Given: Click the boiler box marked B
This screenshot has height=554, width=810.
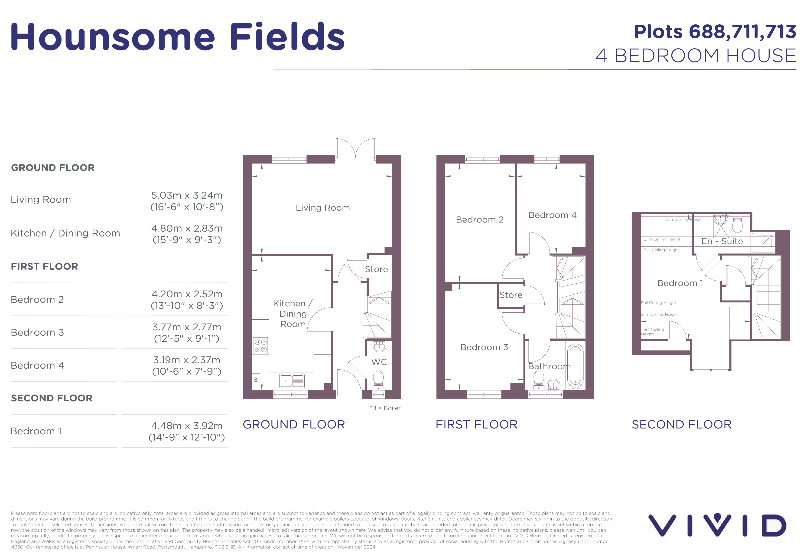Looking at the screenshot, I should coord(256,380).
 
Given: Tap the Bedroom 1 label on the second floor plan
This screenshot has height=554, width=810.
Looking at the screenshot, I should coord(680,283).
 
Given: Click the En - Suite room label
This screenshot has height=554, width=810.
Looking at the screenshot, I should coord(722,241).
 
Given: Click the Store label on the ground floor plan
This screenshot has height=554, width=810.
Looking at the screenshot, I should coord(376,269).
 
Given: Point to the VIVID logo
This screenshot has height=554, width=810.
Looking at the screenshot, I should coord(717,525).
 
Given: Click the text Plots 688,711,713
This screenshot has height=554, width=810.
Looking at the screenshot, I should coord(715,32).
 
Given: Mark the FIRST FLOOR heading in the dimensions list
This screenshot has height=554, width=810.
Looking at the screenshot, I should coord(44,267).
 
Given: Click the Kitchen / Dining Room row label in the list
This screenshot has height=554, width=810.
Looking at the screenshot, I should coord(65,233).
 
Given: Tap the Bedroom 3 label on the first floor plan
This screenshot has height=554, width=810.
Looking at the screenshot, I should coord(484,347).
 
